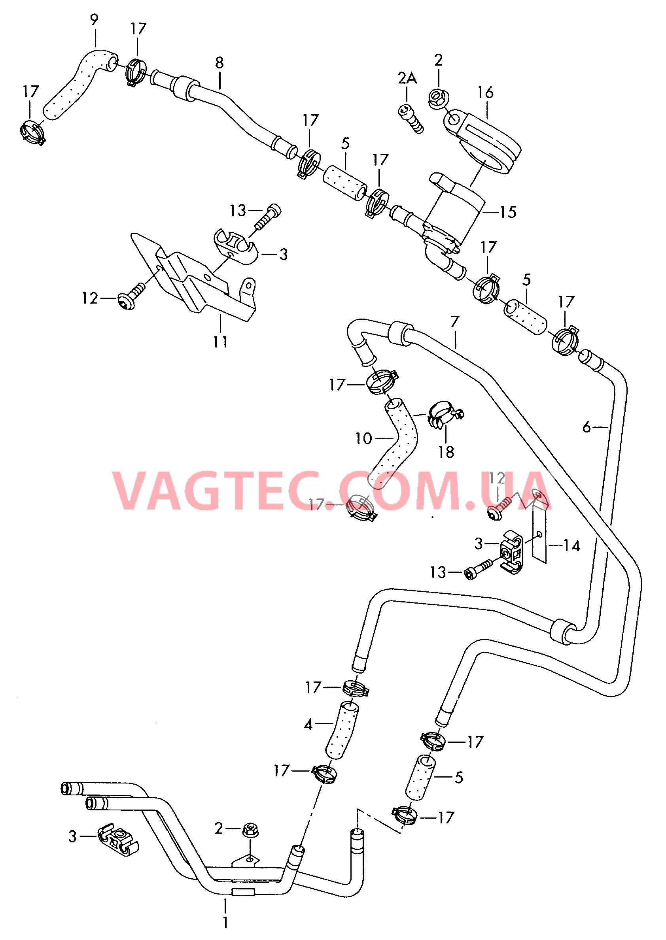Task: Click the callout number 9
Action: (x=94, y=20)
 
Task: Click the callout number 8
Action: (x=219, y=63)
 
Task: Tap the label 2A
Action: (x=407, y=78)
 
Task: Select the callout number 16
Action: (x=485, y=92)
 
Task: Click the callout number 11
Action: (x=220, y=342)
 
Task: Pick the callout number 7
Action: (x=455, y=322)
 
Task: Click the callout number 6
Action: (x=587, y=427)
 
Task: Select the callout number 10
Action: (x=363, y=438)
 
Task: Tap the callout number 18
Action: (x=446, y=452)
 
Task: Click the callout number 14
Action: (x=572, y=546)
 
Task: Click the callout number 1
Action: (x=225, y=922)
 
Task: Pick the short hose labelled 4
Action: (x=341, y=731)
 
